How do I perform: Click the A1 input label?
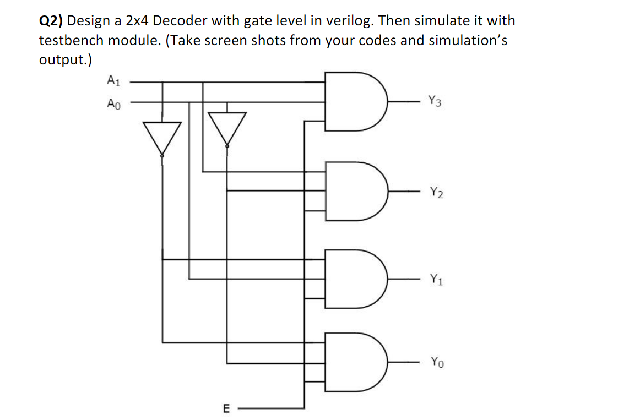pos(112,81)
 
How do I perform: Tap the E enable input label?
pos(225,408)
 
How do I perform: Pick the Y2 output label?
pos(435,192)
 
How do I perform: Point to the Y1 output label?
pos(435,279)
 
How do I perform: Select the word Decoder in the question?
pos(187,21)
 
